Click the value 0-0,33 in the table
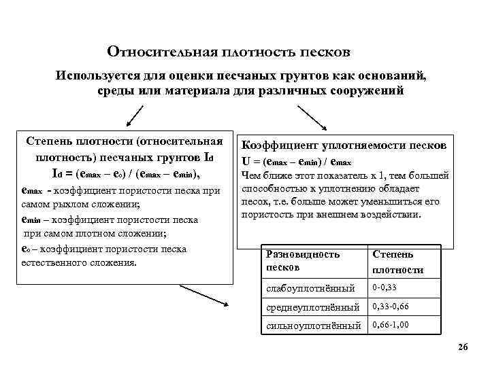point(385,287)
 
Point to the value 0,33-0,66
point(391,306)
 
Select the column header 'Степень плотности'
point(397,262)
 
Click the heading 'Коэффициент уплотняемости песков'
point(344,146)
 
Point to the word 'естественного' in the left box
point(54,262)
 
